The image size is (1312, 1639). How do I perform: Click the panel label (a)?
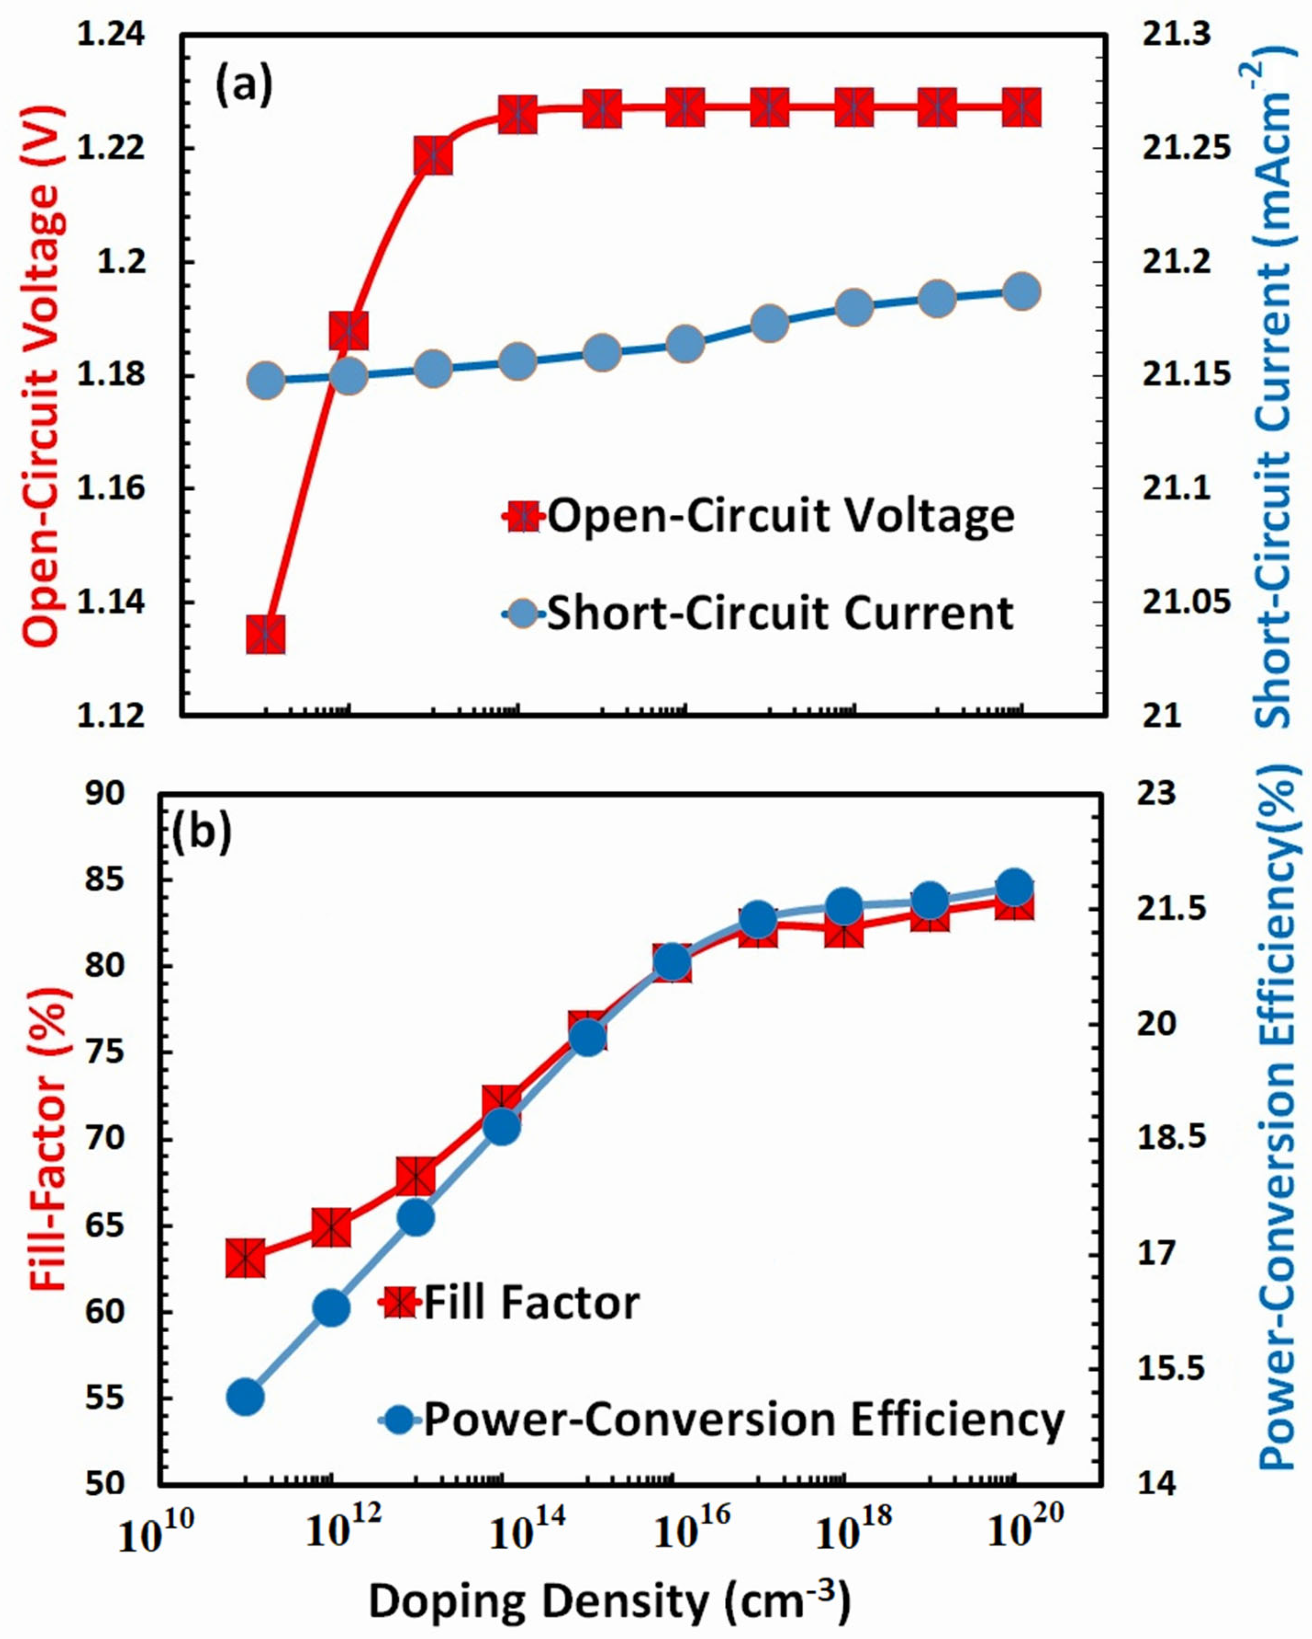tap(243, 86)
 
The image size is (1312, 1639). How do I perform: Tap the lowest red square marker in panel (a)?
tap(266, 635)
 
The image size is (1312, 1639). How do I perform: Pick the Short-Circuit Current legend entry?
tap(760, 613)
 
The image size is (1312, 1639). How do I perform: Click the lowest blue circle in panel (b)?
tap(245, 1397)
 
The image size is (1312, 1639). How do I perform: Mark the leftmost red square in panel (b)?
tap(245, 1258)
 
